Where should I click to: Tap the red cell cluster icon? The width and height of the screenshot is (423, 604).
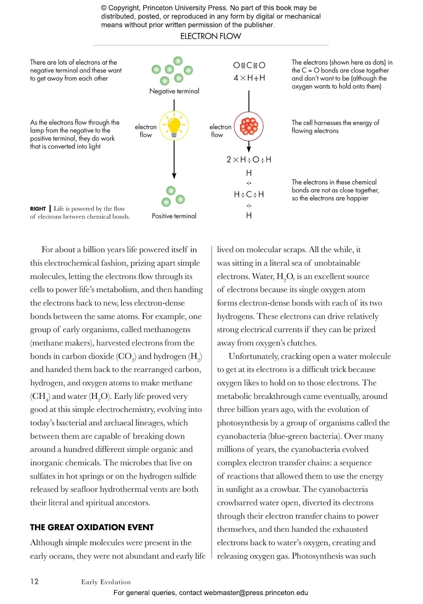tap(249, 126)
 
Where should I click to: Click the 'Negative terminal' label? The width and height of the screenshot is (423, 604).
tap(174, 91)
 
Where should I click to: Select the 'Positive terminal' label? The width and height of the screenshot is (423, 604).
tap(174, 216)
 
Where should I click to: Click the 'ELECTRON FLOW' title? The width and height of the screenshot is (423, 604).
tap(211, 36)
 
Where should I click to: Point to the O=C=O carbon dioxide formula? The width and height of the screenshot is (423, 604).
tap(249, 65)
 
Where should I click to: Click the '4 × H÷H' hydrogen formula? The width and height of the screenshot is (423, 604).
tap(249, 78)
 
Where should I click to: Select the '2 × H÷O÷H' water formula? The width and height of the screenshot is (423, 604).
tap(249, 160)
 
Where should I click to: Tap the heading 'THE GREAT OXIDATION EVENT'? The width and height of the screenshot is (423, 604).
tap(92, 527)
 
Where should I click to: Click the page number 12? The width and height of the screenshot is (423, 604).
tap(34, 581)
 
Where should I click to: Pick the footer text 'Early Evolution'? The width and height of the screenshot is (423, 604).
tap(106, 582)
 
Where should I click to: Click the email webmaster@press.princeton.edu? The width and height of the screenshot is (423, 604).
tap(256, 592)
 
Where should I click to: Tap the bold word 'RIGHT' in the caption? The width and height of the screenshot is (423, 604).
tap(38, 209)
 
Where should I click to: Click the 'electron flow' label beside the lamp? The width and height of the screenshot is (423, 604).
tap(146, 131)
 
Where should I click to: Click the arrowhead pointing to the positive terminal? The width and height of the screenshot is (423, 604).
tap(174, 176)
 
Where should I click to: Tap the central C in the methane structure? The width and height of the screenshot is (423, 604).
tap(249, 194)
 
